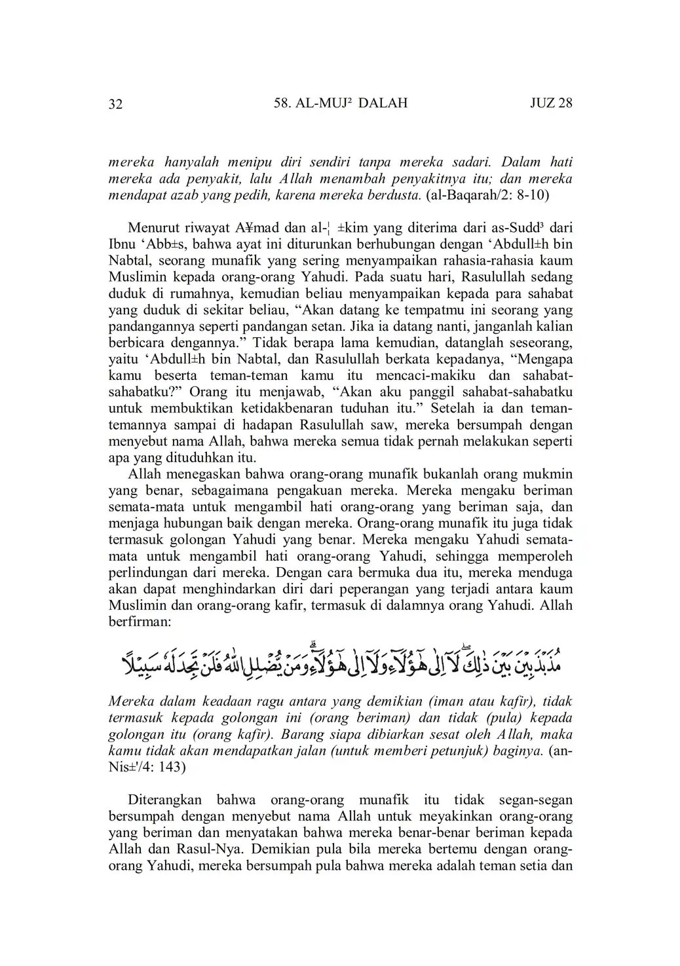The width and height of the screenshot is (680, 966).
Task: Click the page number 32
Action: [x=115, y=104]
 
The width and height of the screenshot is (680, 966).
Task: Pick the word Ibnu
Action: [x=123, y=244]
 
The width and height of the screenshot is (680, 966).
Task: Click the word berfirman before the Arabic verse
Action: [x=139, y=621]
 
